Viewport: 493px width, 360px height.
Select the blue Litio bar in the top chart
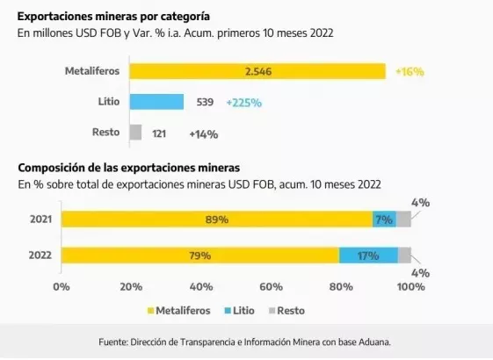(156, 102)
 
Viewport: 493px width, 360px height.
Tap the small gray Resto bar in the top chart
(135, 133)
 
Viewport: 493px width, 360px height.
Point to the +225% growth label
(243, 103)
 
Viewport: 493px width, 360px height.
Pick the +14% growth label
(203, 133)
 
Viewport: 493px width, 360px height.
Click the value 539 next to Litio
(204, 103)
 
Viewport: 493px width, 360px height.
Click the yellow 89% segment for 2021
(216, 220)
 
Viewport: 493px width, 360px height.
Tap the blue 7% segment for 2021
(384, 220)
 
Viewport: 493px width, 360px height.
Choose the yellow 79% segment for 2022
(199, 256)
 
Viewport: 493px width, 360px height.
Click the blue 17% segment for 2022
(368, 256)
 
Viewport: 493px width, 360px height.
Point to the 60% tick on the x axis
(271, 286)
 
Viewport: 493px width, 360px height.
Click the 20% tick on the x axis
(131, 286)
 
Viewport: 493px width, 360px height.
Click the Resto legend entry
(292, 310)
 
